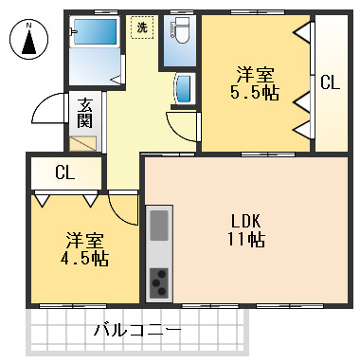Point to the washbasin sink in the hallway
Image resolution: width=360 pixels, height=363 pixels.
(183, 90)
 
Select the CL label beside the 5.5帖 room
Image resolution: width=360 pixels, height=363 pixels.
(330, 82)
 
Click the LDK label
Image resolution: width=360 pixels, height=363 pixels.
(244, 220)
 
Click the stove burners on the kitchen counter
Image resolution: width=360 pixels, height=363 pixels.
(159, 281)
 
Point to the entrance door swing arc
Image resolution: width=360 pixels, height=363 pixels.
(47, 112)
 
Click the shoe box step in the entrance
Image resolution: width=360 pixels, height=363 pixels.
(83, 145)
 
